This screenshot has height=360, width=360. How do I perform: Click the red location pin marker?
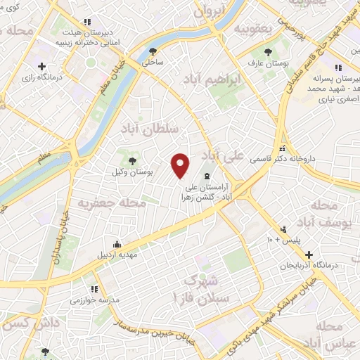coord(181,165)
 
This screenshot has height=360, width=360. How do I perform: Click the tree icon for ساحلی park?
coord(153,51)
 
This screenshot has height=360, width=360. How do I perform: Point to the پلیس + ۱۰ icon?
coord(283,229)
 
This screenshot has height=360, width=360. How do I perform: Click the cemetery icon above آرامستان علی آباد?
coord(206,176)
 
